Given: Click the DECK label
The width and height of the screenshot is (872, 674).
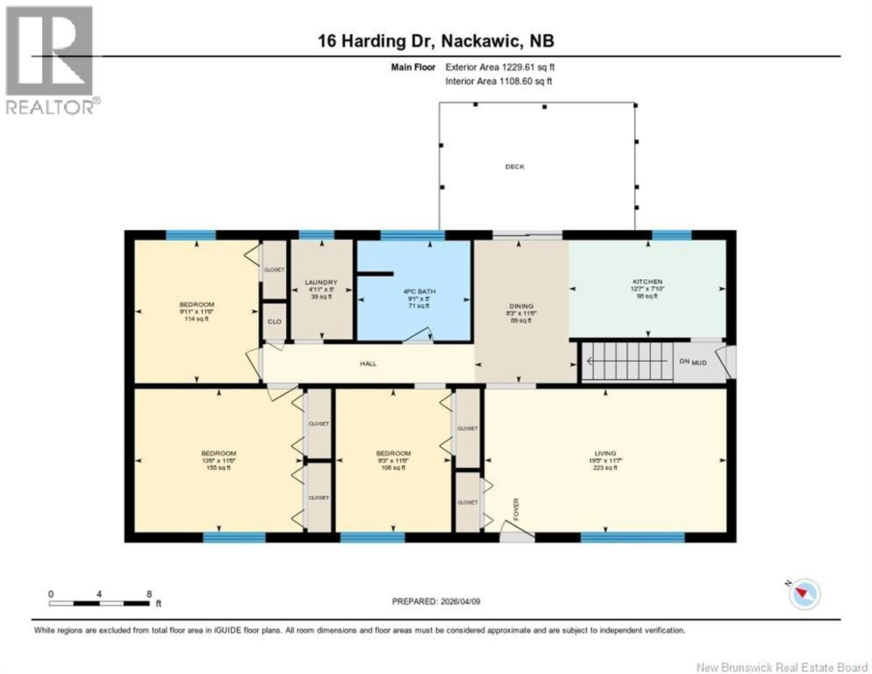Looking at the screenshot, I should click(x=515, y=167).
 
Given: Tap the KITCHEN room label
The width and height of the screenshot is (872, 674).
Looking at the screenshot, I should click(x=647, y=282).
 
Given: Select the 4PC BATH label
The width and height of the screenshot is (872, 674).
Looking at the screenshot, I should click(x=419, y=292).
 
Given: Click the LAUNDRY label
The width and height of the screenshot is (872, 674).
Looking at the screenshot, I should click(x=321, y=282).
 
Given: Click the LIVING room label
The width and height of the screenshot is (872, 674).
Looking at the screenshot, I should click(x=605, y=453).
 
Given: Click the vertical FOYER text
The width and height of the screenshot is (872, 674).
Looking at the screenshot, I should click(x=516, y=509).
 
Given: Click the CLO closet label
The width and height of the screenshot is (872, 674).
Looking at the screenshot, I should click(x=274, y=322).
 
